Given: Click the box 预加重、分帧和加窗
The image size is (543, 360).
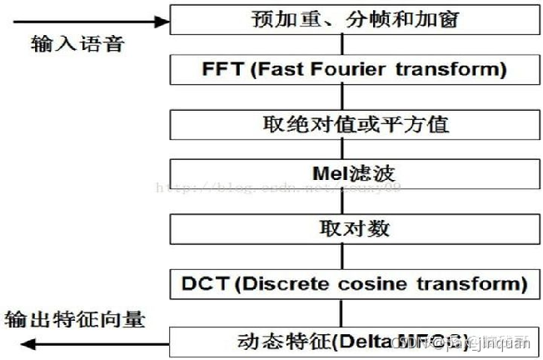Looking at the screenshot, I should [x=355, y=19].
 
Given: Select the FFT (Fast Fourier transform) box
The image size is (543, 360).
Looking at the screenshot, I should [x=355, y=69].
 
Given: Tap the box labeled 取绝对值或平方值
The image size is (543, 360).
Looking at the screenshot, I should [x=355, y=124].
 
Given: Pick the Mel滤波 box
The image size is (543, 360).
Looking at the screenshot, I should [x=355, y=174].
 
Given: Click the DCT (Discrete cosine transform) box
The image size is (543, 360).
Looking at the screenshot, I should [x=355, y=283].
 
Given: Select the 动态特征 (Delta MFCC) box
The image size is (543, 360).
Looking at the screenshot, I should [x=355, y=340].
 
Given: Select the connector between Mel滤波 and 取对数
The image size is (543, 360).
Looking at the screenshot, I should [x=341, y=202].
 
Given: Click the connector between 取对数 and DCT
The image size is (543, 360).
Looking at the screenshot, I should [x=341, y=256].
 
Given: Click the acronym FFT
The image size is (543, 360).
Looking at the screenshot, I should [x=221, y=69].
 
